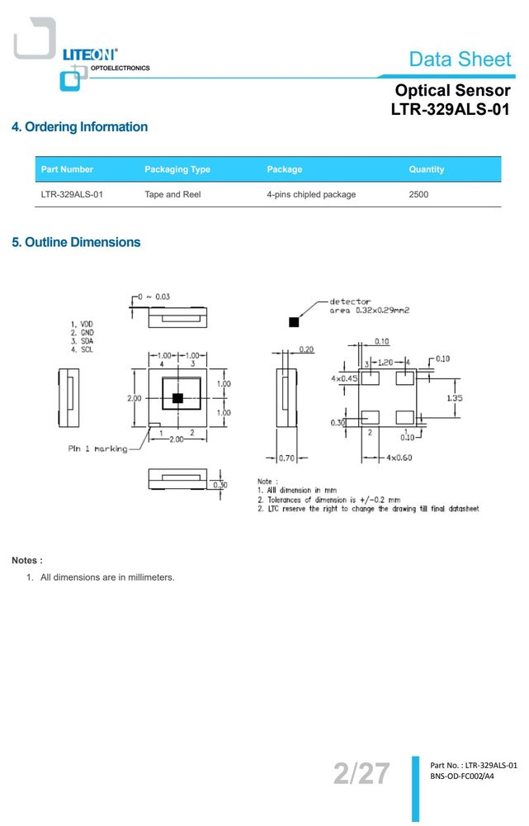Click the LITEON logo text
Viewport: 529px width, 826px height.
click(89, 55)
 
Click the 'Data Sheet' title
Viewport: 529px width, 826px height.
click(460, 59)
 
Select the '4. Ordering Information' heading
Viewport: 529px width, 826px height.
click(79, 127)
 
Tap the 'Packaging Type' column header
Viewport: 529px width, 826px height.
click(177, 169)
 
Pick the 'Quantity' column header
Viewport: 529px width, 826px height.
click(427, 169)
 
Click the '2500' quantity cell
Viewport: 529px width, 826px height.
click(418, 194)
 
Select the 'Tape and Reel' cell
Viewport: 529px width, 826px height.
click(172, 194)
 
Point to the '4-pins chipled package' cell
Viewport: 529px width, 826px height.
click(311, 194)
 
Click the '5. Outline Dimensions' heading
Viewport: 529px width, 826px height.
click(76, 242)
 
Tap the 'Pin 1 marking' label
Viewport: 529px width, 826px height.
click(98, 449)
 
